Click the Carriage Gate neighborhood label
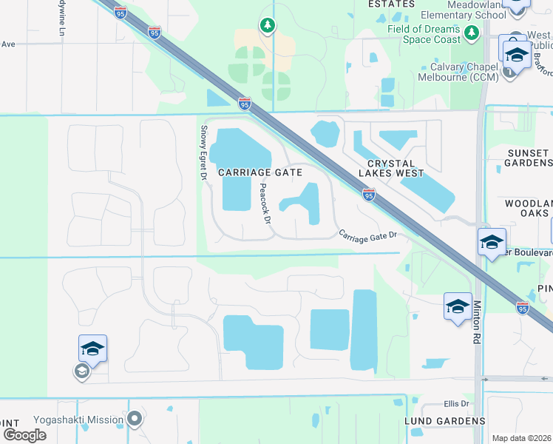pyautogui.click(x=260, y=172)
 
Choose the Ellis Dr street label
pyautogui.click(x=456, y=403)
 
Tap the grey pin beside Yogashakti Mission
pyautogui.click(x=134, y=419)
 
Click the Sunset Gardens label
pyautogui.click(x=528, y=158)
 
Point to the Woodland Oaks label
pyautogui.click(x=528, y=208)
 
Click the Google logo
pyautogui.click(x=24, y=434)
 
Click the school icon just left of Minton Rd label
pyautogui.click(x=458, y=306)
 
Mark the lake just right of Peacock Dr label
pyautogui.click(x=303, y=203)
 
